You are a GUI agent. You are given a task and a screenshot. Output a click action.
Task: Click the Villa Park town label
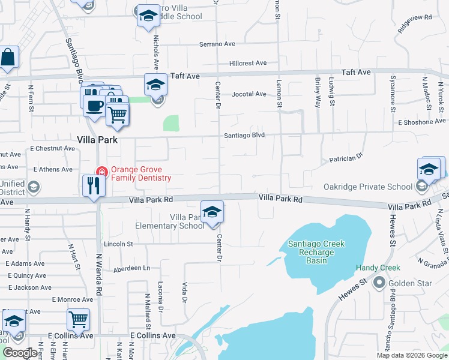(x=97, y=139)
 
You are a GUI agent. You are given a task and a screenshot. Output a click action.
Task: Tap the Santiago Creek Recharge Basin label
(x=316, y=252)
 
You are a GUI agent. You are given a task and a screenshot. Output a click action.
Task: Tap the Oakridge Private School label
(x=369, y=187)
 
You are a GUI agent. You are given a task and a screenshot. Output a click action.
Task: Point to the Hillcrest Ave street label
(x=247, y=63)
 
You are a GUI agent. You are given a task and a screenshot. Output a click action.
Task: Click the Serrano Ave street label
(x=217, y=44)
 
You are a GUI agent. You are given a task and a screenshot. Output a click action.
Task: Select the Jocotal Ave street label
(x=249, y=94)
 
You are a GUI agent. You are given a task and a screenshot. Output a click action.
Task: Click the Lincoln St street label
(x=118, y=244)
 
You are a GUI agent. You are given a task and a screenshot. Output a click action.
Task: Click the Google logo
(x=20, y=353)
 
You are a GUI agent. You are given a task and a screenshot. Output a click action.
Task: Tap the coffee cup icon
(x=93, y=106)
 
